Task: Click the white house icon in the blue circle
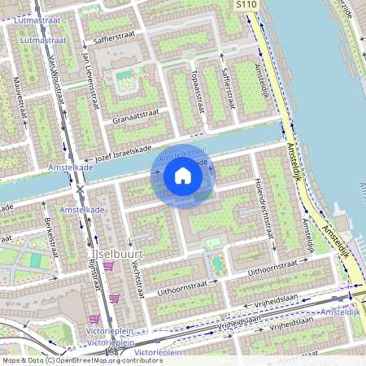pos(183,176)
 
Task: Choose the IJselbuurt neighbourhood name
pos(110,253)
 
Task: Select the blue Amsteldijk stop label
pos(339,312)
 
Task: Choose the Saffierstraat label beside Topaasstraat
pos(228,89)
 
